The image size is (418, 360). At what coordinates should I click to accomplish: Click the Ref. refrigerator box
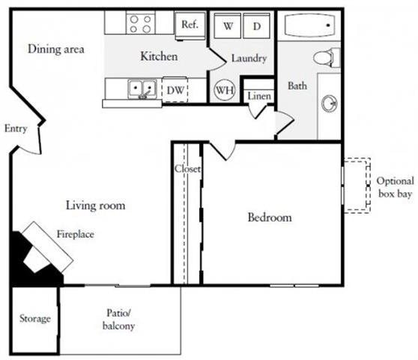(190, 24)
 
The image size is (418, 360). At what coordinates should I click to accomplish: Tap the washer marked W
(228, 26)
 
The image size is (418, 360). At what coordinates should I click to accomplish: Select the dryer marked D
(256, 26)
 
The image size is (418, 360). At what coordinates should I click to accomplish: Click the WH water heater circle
(223, 90)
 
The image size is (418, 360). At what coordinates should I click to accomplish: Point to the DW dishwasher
(175, 90)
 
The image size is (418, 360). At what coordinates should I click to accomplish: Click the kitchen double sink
(142, 89)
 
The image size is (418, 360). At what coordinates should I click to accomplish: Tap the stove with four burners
(141, 23)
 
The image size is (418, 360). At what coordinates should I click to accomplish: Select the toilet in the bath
(326, 57)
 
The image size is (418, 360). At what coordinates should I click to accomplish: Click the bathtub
(309, 28)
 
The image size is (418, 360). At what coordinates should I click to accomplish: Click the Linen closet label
(258, 96)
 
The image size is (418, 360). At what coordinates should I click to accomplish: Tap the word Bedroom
(269, 217)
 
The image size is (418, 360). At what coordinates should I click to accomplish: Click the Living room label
(95, 205)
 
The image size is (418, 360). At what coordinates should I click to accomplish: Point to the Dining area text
(55, 49)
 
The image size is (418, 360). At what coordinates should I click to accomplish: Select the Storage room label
(34, 319)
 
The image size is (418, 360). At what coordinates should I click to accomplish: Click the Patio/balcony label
(120, 320)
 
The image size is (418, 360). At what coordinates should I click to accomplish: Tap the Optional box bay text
(395, 187)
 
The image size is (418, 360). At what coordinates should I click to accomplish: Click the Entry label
(16, 128)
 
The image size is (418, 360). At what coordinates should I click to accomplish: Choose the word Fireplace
(75, 234)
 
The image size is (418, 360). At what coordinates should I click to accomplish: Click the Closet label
(187, 169)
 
